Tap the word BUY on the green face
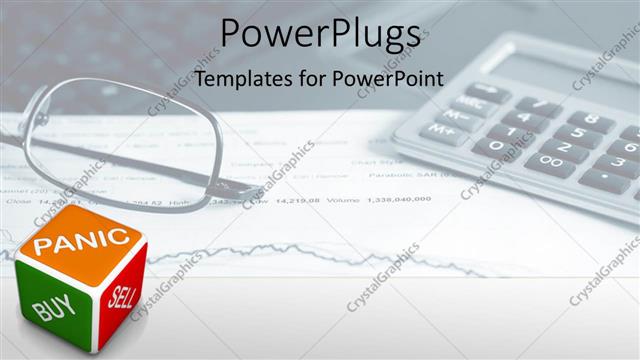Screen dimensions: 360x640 [54, 306]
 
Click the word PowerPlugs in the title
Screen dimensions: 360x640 [320, 34]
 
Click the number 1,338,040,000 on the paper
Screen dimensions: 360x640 [401, 199]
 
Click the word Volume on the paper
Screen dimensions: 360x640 [346, 199]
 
